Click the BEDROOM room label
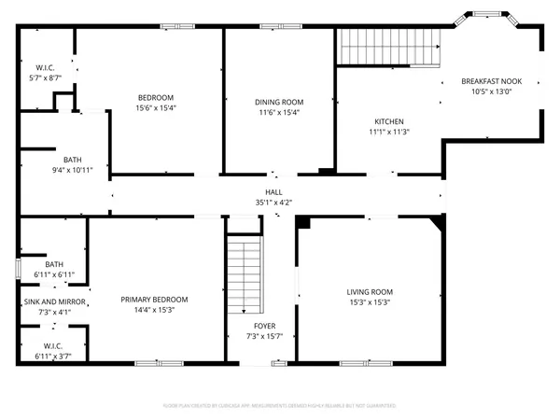pyautogui.click(x=157, y=98)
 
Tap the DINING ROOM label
pyautogui.click(x=279, y=102)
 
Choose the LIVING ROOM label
pyautogui.click(x=370, y=291)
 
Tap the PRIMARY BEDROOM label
pyautogui.click(x=155, y=299)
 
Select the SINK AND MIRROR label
pyautogui.click(x=54, y=302)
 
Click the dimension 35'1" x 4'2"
pyautogui.click(x=274, y=202)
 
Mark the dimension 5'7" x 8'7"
pyautogui.click(x=47, y=78)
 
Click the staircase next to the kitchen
pyautogui.click(x=387, y=47)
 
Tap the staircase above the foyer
pyautogui.click(x=243, y=274)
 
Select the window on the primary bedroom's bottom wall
pyautogui.click(x=149, y=362)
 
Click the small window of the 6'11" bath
pyautogui.click(x=18, y=268)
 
